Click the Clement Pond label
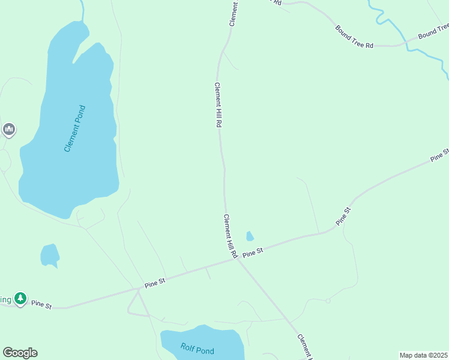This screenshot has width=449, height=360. [x=75, y=128]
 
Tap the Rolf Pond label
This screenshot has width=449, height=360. [x=197, y=347]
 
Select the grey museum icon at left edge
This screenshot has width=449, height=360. [x=8, y=129]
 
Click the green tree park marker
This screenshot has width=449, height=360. [x=21, y=298]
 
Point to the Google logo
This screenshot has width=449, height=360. [x=20, y=353]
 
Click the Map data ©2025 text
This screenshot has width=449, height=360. [x=424, y=355]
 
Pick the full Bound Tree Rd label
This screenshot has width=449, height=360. [x=354, y=37]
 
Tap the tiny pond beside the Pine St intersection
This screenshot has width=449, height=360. [x=250, y=236]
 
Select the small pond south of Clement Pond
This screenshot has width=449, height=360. [x=50, y=255]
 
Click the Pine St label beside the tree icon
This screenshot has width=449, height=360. [x=41, y=305]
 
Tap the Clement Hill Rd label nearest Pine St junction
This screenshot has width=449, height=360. [x=230, y=236]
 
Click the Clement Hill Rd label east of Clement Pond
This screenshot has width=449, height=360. [x=218, y=104]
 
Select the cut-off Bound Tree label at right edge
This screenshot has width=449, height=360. [x=433, y=31]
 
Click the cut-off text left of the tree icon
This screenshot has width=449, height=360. [x=5, y=299]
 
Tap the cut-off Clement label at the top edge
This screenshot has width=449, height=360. [x=234, y=12]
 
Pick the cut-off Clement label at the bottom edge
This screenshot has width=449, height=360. [x=304, y=346]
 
